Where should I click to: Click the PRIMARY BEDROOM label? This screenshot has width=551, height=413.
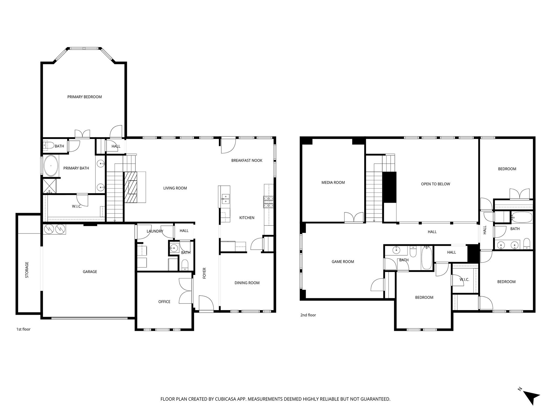tap(84, 97)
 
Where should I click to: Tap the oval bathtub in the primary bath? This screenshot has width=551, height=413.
tap(51, 166)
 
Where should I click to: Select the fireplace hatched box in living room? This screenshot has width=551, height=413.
tap(130, 187)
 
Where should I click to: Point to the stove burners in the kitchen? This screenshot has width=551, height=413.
tap(268, 202)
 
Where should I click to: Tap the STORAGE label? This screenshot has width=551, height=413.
tap(27, 270)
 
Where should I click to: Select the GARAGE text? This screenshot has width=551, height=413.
tap(90, 272)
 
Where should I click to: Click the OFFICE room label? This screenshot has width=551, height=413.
tap(164, 302)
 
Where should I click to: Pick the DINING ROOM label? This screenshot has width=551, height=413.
tap(247, 283)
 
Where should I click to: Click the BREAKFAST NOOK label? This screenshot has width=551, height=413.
tap(247, 161)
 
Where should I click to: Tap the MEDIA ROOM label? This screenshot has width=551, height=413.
tap(333, 183)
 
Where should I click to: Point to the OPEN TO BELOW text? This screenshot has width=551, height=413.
tap(435, 184)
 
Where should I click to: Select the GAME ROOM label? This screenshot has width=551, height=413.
tap(343, 262)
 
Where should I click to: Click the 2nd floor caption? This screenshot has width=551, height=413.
tap(308, 315)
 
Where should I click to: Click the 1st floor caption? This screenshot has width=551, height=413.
tap(23, 329)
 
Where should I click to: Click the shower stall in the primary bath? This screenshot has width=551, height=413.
tap(50, 186)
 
